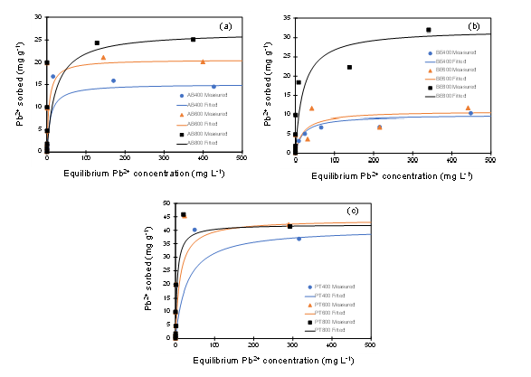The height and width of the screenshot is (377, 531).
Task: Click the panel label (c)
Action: [x=354, y=212]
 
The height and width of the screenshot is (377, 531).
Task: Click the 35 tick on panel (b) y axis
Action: [x=286, y=17]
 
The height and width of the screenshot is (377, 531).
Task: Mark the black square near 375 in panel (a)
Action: [x=193, y=39]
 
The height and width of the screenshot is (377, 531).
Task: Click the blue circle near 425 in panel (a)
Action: [x=213, y=87]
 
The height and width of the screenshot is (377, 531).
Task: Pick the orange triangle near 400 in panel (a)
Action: [x=203, y=61]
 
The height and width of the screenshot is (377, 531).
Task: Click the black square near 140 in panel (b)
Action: [x=349, y=67]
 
